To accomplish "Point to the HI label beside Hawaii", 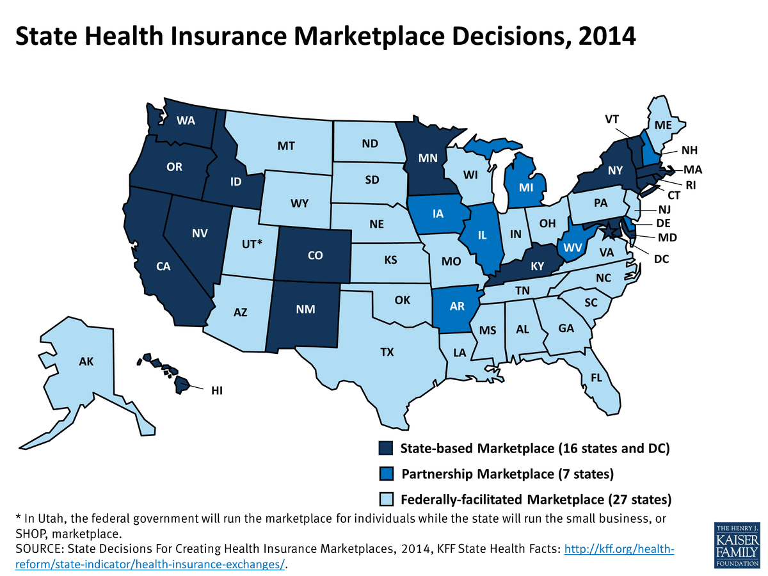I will point(218,390).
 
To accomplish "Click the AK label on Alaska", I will point(86,362).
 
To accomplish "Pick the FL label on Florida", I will point(596,378).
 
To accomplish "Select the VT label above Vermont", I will point(612,120).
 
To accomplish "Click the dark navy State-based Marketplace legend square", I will point(386,448).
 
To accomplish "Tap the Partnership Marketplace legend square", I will point(386,474).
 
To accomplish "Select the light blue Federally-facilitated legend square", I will point(386,499).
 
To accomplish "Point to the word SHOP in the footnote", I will point(29,533).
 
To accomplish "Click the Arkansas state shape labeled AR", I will point(456,307).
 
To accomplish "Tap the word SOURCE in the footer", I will point(38,548).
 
